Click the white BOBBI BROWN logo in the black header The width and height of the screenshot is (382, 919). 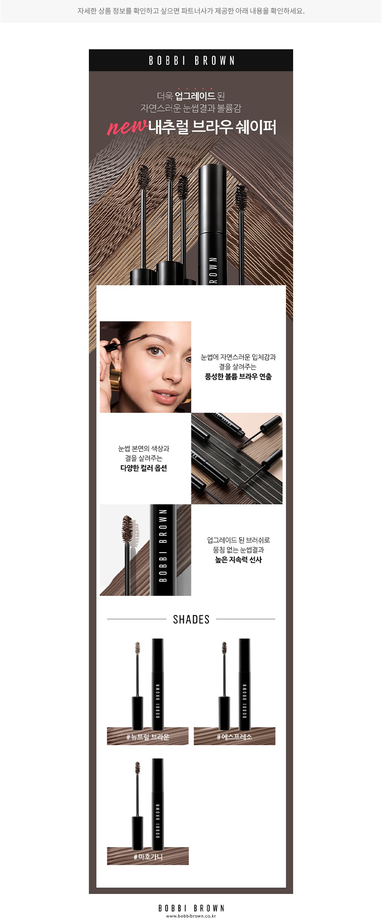tap(191, 61)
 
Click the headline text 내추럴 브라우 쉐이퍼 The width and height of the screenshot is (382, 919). tap(212, 127)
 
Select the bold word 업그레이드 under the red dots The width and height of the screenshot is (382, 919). tap(195, 96)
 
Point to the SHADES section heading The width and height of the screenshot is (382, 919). tap(191, 619)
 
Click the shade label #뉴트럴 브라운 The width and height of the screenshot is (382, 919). tap(148, 737)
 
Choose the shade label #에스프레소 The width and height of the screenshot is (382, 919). tap(234, 737)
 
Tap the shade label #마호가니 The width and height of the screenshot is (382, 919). tap(148, 857)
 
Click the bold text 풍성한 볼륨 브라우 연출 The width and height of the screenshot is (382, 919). tap(238, 377)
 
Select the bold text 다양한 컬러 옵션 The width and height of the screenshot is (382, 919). tap(144, 468)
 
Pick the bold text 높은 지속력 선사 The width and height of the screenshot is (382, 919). tap(238, 560)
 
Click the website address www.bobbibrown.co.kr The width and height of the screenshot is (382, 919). tap(191, 916)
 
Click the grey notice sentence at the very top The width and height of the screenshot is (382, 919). tap(191, 11)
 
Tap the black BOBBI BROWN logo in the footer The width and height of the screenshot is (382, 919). tap(191, 908)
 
